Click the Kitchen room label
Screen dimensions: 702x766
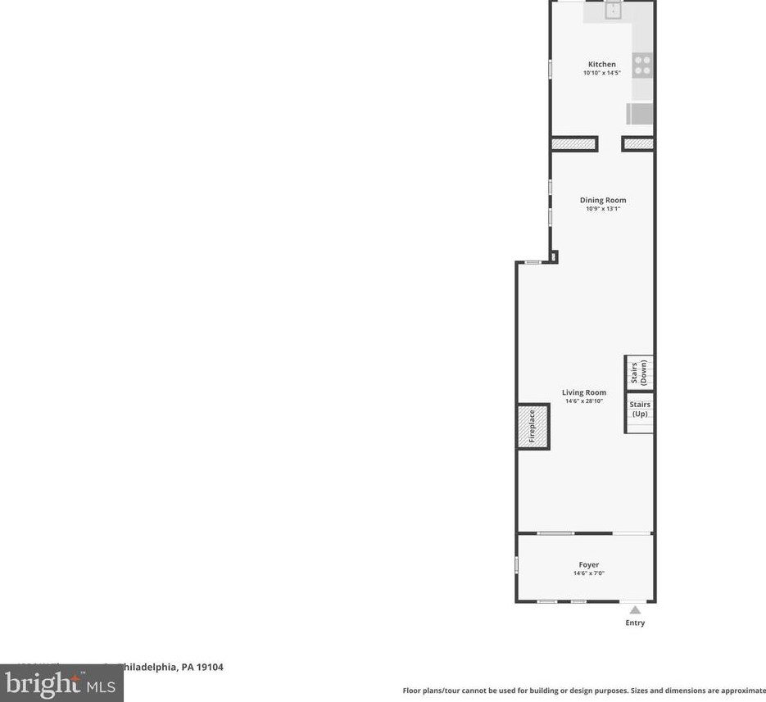click(x=601, y=64)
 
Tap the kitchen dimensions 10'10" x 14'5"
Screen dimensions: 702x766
click(x=601, y=73)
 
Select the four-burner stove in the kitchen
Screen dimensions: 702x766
click(x=643, y=65)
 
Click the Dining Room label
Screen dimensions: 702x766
click(x=603, y=200)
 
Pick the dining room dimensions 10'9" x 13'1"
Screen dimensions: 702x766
click(x=603, y=209)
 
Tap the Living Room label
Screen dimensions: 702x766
click(x=584, y=392)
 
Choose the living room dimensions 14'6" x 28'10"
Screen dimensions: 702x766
click(x=584, y=401)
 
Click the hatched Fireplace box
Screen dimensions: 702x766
click(x=533, y=427)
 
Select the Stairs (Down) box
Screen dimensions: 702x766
click(x=640, y=373)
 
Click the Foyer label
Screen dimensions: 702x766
click(x=588, y=564)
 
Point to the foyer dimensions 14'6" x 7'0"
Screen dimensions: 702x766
click(x=588, y=573)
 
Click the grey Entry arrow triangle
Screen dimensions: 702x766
click(x=635, y=609)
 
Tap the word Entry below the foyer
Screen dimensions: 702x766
click(x=635, y=623)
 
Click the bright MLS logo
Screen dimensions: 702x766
click(x=61, y=683)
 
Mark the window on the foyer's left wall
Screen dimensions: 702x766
click(x=517, y=564)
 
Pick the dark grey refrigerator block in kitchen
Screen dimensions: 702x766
click(x=641, y=113)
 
